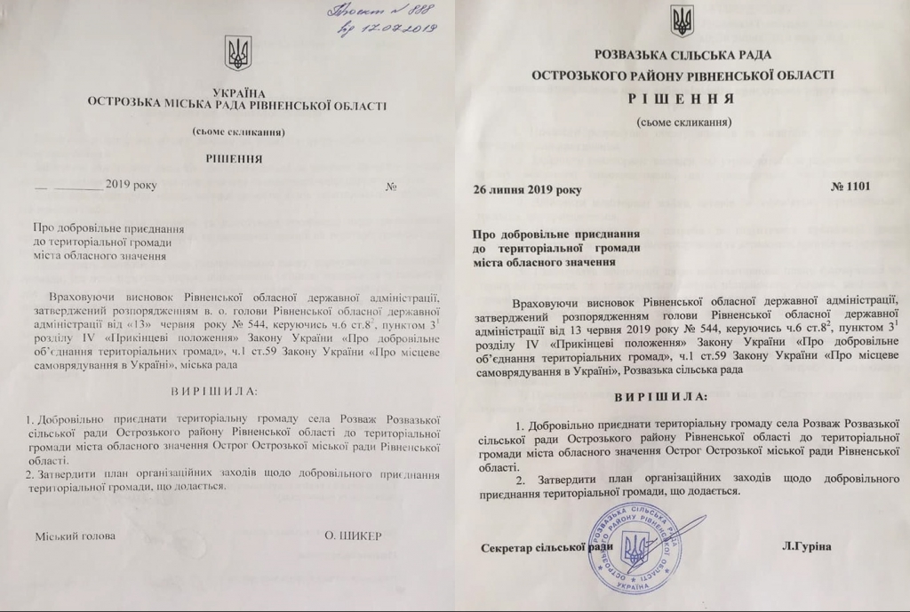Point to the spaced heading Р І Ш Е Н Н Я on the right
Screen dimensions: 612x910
coord(682,99)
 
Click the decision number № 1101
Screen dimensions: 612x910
coord(851,187)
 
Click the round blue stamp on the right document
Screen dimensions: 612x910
coord(634,544)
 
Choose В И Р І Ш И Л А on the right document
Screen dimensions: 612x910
coord(661,393)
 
